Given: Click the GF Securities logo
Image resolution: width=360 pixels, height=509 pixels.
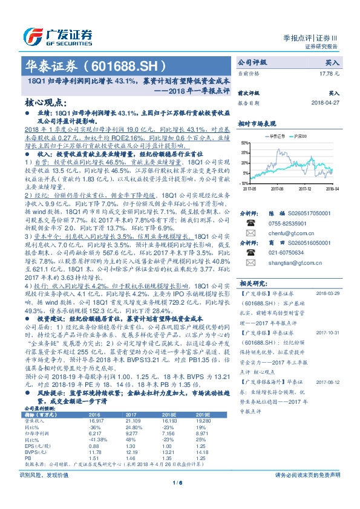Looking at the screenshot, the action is coord(58,35).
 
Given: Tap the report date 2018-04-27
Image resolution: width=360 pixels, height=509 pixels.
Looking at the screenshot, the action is coord(326,102).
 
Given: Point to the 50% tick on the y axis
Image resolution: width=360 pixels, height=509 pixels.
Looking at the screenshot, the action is coord(244,143).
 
